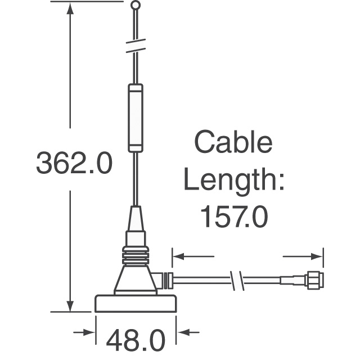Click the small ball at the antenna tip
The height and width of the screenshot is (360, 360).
(x=136, y=6)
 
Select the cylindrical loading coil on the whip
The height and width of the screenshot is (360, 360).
(x=136, y=118)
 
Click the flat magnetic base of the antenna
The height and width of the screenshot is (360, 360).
(x=136, y=303)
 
